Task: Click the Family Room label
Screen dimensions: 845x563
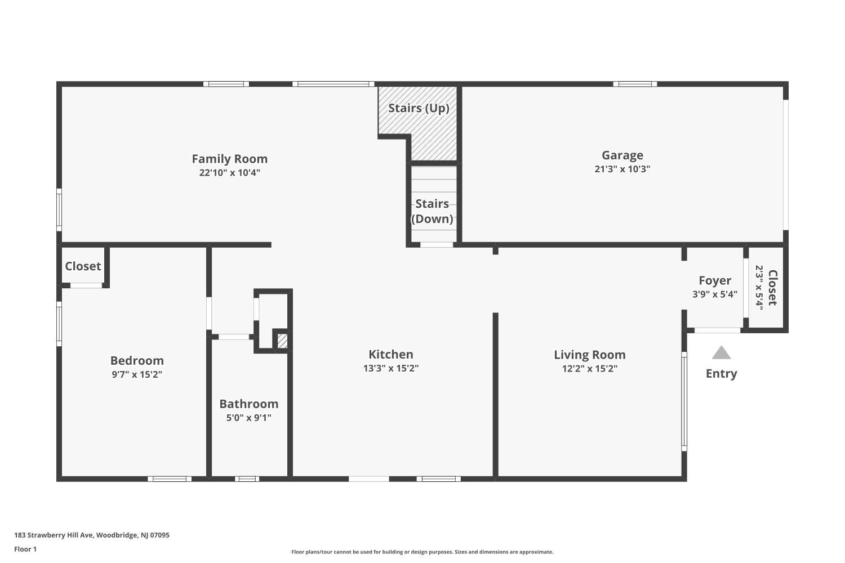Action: (230, 159)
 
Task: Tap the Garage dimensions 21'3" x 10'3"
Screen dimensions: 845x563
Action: (622, 169)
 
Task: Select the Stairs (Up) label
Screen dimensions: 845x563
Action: (419, 108)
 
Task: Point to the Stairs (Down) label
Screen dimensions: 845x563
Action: (432, 211)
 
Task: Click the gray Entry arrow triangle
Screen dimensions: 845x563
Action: (721, 353)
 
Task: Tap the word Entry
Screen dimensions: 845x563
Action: (721, 373)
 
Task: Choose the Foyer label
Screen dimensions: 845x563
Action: (715, 280)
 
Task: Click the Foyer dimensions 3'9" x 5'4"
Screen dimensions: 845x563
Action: (715, 294)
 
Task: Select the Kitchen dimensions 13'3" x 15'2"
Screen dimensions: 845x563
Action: (391, 368)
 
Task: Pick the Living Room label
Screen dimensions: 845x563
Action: (590, 355)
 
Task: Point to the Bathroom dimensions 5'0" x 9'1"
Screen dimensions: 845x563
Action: (249, 418)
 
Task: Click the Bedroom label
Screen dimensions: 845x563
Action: (137, 360)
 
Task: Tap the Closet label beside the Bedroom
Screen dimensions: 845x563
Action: (83, 266)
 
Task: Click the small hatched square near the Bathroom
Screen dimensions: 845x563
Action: (283, 341)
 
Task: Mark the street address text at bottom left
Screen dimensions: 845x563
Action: (92, 535)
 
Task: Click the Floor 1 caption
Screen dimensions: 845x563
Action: (25, 549)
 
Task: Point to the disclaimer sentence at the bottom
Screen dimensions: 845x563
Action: (422, 552)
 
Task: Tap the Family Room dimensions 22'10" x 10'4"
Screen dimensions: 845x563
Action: (230, 173)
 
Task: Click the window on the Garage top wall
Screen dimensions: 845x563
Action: (635, 84)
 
